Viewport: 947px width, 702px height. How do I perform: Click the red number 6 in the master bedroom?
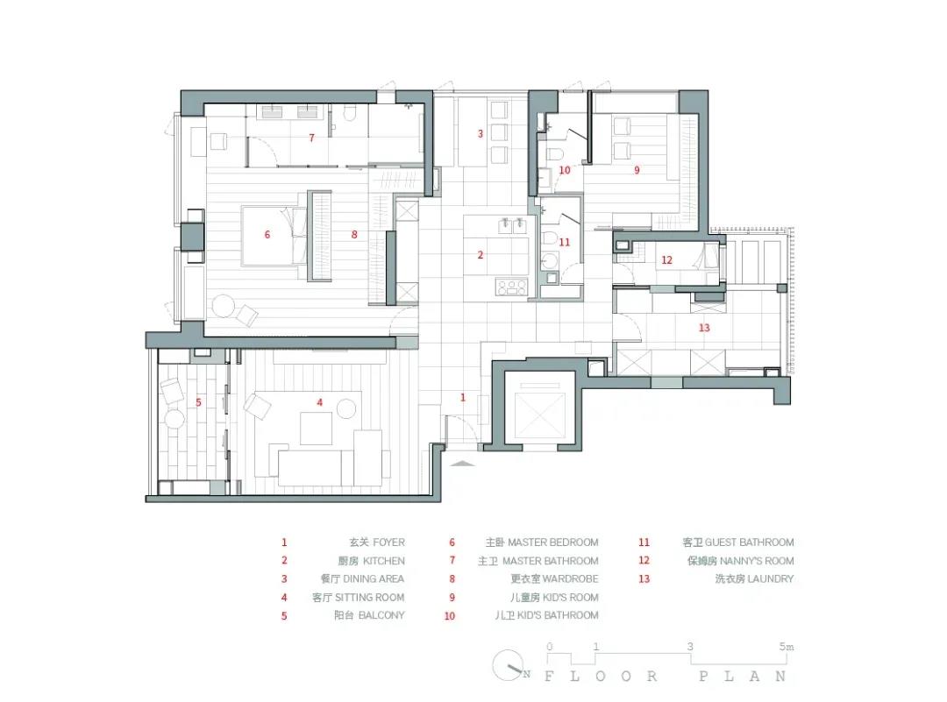(267, 235)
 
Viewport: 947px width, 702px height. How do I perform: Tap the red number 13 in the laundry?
(704, 328)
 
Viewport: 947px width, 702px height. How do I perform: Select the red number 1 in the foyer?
(463, 397)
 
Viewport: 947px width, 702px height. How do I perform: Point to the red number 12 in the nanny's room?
(666, 260)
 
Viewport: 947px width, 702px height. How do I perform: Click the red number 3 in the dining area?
(481, 133)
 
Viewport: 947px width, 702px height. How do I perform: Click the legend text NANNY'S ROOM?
(757, 561)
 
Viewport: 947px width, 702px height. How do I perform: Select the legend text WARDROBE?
(571, 578)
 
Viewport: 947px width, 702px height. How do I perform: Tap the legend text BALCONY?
(381, 615)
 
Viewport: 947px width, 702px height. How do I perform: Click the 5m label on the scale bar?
(787, 647)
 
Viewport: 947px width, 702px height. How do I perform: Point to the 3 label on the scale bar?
(690, 647)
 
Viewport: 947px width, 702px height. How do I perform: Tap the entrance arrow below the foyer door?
(463, 464)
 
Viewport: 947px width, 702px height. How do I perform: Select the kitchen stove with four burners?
(511, 287)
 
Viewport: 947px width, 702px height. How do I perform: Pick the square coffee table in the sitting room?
(316, 429)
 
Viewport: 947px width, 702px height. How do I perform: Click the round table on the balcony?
(174, 419)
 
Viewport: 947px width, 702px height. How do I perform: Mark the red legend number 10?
(449, 616)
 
